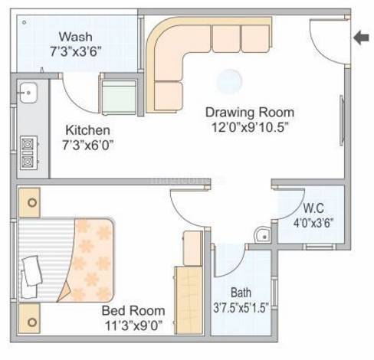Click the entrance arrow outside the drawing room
pos(361,38)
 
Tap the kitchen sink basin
pos(28,93)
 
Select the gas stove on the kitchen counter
pos(28,153)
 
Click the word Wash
pos(76,37)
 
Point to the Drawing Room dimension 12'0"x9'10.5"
pos(250,127)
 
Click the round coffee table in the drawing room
pos(229,81)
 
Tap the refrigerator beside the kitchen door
pos(119,97)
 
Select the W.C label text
pos(313,208)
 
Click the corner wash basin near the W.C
pos(262,235)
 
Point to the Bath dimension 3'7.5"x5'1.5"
pos(241,308)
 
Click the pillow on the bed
pos(31,271)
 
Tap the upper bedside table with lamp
pos(30,203)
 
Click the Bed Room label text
pos(133,311)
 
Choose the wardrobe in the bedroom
pos(189,300)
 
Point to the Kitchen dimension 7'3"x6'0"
pos(88,146)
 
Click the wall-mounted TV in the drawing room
pos(342,120)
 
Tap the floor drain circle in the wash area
pos(25,22)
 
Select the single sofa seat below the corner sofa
pos(169,96)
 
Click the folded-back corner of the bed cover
pos(64,293)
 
